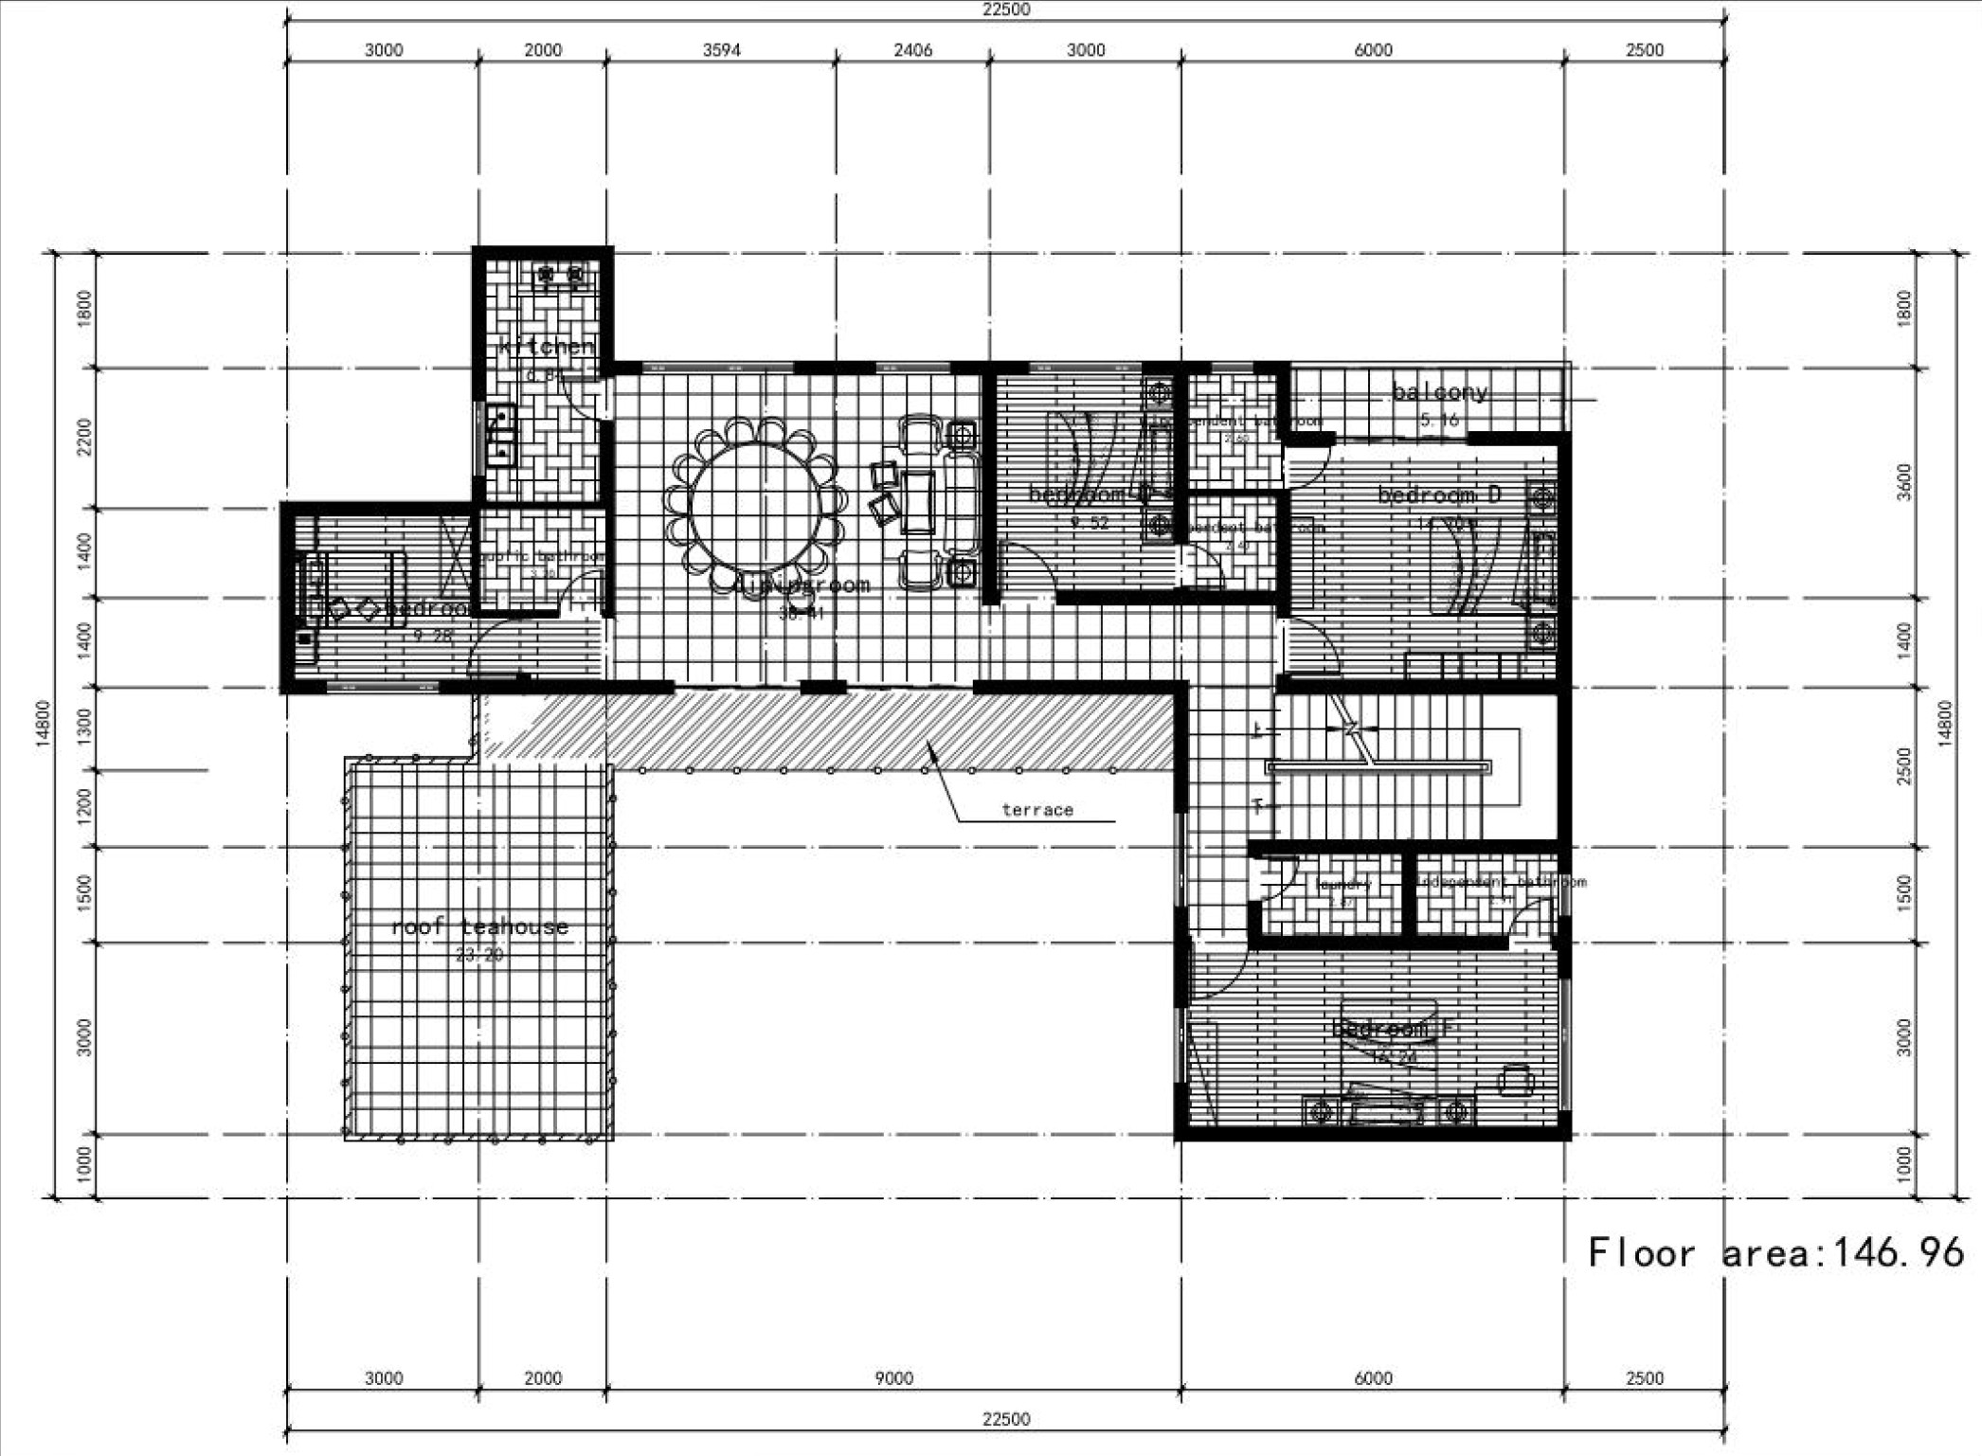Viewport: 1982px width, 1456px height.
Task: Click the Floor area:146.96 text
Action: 1775,1253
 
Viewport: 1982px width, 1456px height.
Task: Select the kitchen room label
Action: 547,346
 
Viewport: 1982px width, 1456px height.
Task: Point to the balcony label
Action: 1439,391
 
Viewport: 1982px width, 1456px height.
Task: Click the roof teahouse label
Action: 480,926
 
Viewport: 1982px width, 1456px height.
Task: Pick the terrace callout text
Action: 1037,810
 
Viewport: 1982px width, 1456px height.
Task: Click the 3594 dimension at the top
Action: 721,50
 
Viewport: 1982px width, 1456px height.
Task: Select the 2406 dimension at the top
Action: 912,50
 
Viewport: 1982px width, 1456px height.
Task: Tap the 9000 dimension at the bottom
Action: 893,1378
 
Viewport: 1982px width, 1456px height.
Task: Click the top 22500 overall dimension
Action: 1005,10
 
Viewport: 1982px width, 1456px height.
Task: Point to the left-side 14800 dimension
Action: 43,725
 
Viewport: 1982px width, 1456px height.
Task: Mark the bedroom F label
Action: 1392,1028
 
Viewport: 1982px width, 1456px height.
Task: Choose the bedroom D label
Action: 1439,494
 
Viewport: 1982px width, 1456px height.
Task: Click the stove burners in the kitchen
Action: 560,276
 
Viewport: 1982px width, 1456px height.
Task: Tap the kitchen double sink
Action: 500,437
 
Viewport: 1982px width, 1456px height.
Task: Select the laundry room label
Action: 1342,884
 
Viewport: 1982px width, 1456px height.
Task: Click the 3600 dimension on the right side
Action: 1905,482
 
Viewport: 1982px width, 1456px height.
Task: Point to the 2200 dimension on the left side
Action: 84,437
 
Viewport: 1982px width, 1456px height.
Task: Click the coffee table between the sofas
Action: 918,502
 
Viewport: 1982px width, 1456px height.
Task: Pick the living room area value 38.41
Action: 802,613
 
